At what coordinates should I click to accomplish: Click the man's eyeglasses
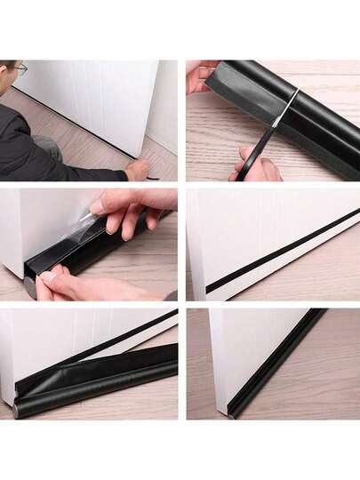click(20, 68)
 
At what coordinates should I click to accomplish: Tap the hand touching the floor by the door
click(137, 169)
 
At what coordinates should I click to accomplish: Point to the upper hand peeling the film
click(133, 209)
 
